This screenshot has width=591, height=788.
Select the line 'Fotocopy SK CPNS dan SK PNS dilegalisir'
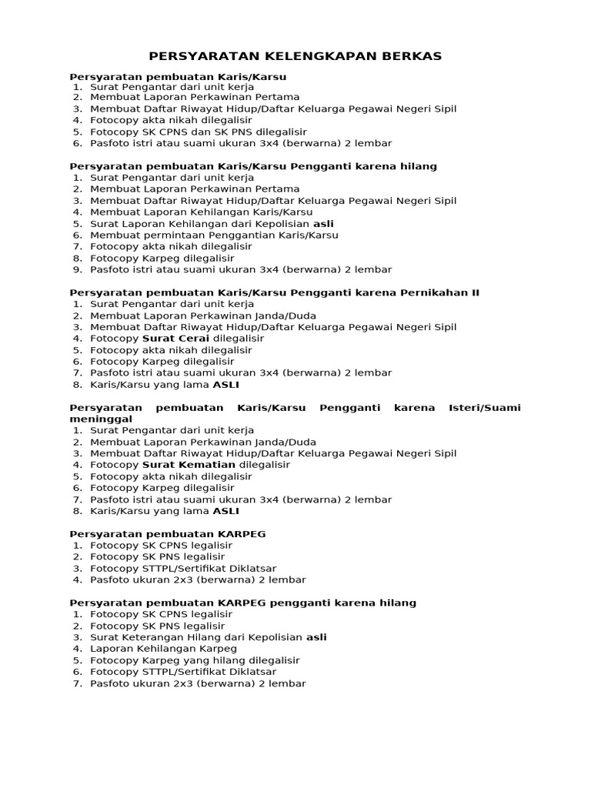pyautogui.click(x=199, y=132)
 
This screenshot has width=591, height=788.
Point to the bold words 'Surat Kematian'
pyautogui.click(x=189, y=465)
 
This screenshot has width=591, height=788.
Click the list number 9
pyautogui.click(x=77, y=269)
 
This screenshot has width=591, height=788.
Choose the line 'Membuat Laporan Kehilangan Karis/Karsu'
pyautogui.click(x=201, y=212)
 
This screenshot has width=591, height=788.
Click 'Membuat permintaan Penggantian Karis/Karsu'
pyautogui.click(x=214, y=235)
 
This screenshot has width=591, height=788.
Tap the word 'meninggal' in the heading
pyautogui.click(x=95, y=419)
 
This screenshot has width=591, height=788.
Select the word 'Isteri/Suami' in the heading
pyautogui.click(x=484, y=407)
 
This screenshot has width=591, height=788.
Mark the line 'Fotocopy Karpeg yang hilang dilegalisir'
pyautogui.click(x=195, y=660)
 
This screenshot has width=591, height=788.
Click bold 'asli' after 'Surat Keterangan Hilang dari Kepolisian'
pyautogui.click(x=316, y=637)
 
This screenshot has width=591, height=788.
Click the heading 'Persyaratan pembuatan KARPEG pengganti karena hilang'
pyautogui.click(x=242, y=603)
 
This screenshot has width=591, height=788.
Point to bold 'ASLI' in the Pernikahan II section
pyautogui.click(x=225, y=384)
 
